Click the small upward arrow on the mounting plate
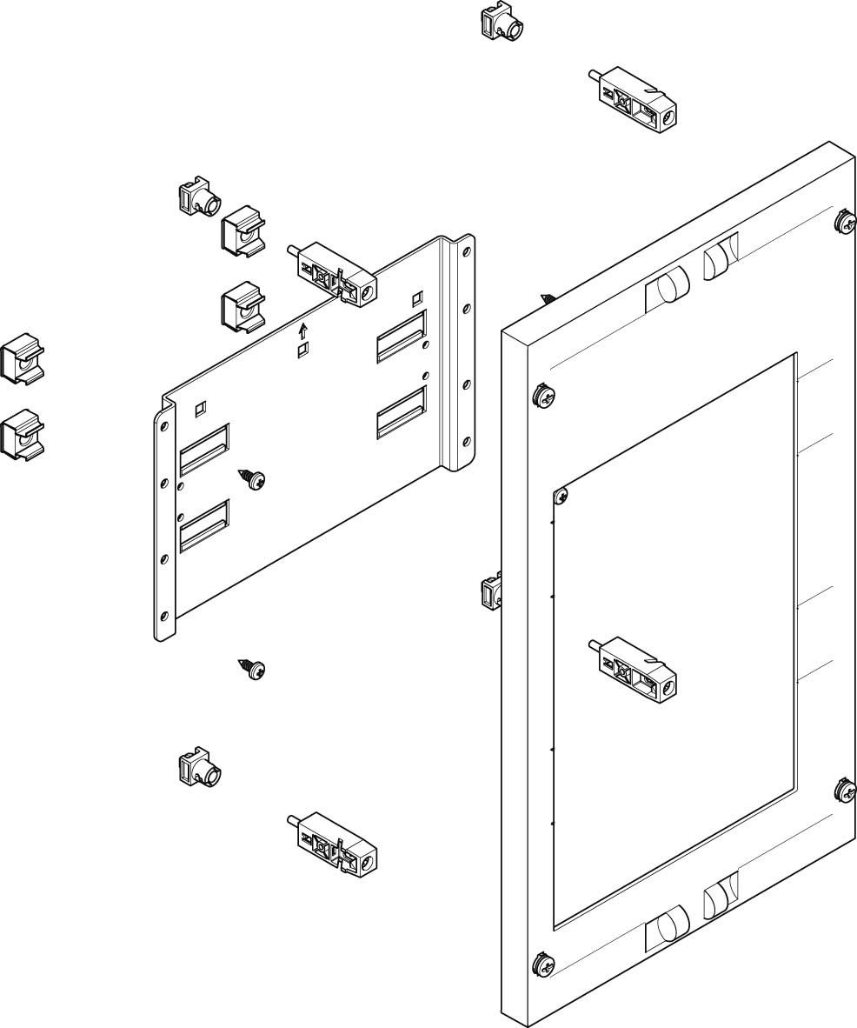click(x=303, y=331)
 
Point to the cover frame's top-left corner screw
click(x=543, y=395)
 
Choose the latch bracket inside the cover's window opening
click(x=632, y=665)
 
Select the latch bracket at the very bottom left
click(x=332, y=844)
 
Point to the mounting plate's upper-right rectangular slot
click(x=402, y=335)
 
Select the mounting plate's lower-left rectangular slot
click(x=204, y=525)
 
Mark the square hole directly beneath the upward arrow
click(x=303, y=350)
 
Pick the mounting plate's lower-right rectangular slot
click(x=402, y=411)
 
